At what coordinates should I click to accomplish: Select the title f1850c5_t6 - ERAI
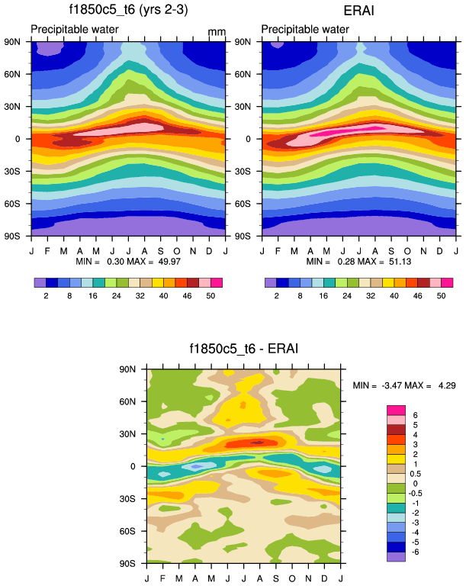click(x=244, y=349)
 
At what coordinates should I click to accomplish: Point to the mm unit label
click(x=217, y=33)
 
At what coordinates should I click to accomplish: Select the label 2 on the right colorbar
click(x=277, y=294)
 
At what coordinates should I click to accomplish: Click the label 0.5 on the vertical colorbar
click(x=416, y=473)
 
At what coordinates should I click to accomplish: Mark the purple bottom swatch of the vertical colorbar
click(x=397, y=557)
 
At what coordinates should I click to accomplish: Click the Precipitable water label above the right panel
click(x=305, y=30)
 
